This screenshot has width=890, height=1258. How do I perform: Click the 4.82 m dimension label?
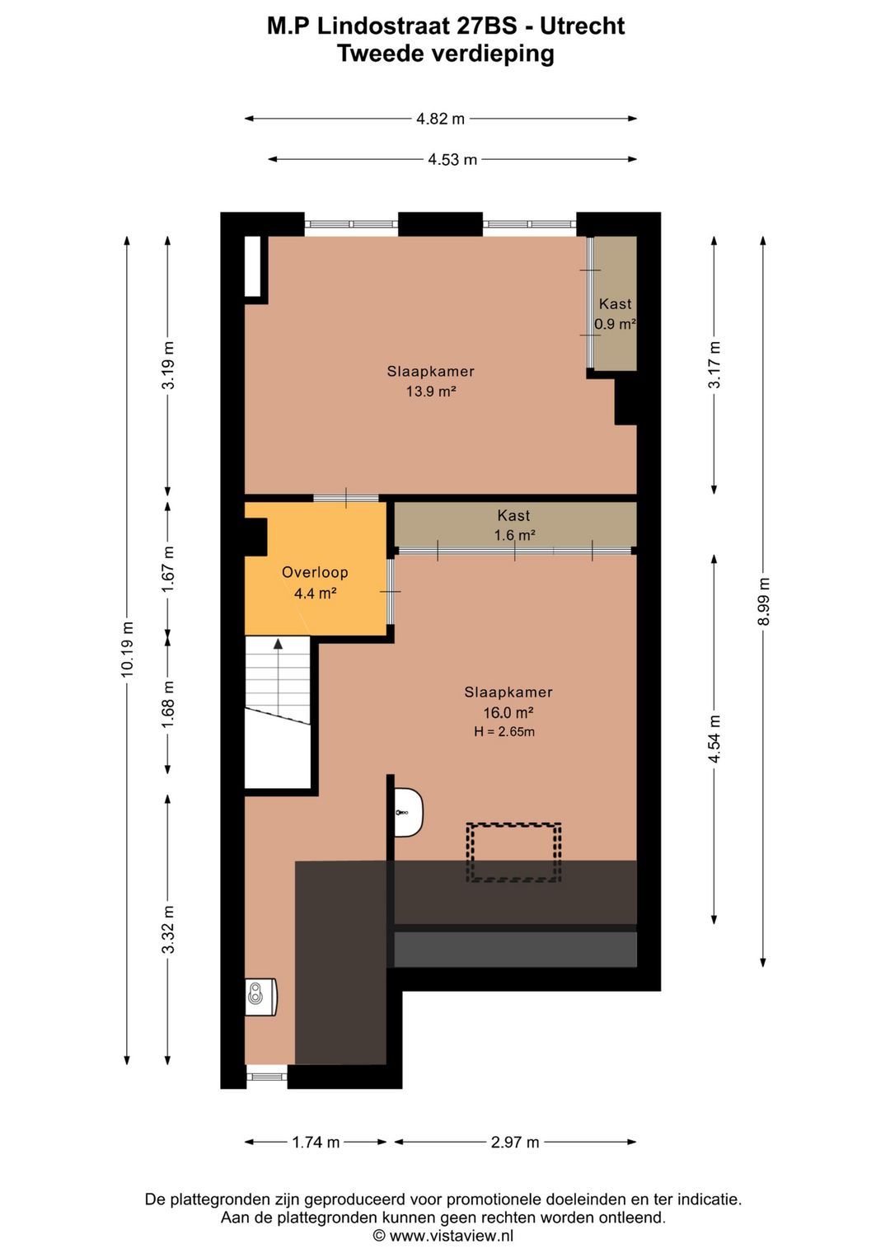click(440, 119)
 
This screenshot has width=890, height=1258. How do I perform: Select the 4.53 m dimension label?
click(452, 160)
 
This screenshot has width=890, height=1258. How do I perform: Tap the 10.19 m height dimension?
click(127, 650)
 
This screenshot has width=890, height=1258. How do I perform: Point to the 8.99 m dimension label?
click(764, 600)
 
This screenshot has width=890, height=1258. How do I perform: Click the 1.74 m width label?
click(316, 1142)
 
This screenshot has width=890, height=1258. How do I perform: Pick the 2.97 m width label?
click(515, 1142)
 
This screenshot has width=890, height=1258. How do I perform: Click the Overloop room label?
click(315, 572)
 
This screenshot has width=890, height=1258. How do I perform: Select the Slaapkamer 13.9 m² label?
click(430, 381)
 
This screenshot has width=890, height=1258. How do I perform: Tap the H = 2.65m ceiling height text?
click(504, 732)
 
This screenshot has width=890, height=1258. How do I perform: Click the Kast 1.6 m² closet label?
click(514, 525)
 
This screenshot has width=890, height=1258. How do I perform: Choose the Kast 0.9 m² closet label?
click(615, 314)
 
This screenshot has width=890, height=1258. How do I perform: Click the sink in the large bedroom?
click(408, 812)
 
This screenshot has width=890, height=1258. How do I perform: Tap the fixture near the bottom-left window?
click(260, 997)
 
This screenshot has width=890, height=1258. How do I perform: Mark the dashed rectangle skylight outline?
click(513, 852)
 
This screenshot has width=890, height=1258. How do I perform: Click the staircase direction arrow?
click(279, 644)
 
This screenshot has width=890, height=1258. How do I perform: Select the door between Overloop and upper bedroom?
click(346, 498)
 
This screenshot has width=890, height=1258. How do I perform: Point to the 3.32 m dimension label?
click(168, 929)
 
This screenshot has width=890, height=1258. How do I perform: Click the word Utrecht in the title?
click(582, 26)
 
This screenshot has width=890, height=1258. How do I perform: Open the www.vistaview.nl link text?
click(451, 1236)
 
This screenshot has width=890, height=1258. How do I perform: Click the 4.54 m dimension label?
click(714, 739)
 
